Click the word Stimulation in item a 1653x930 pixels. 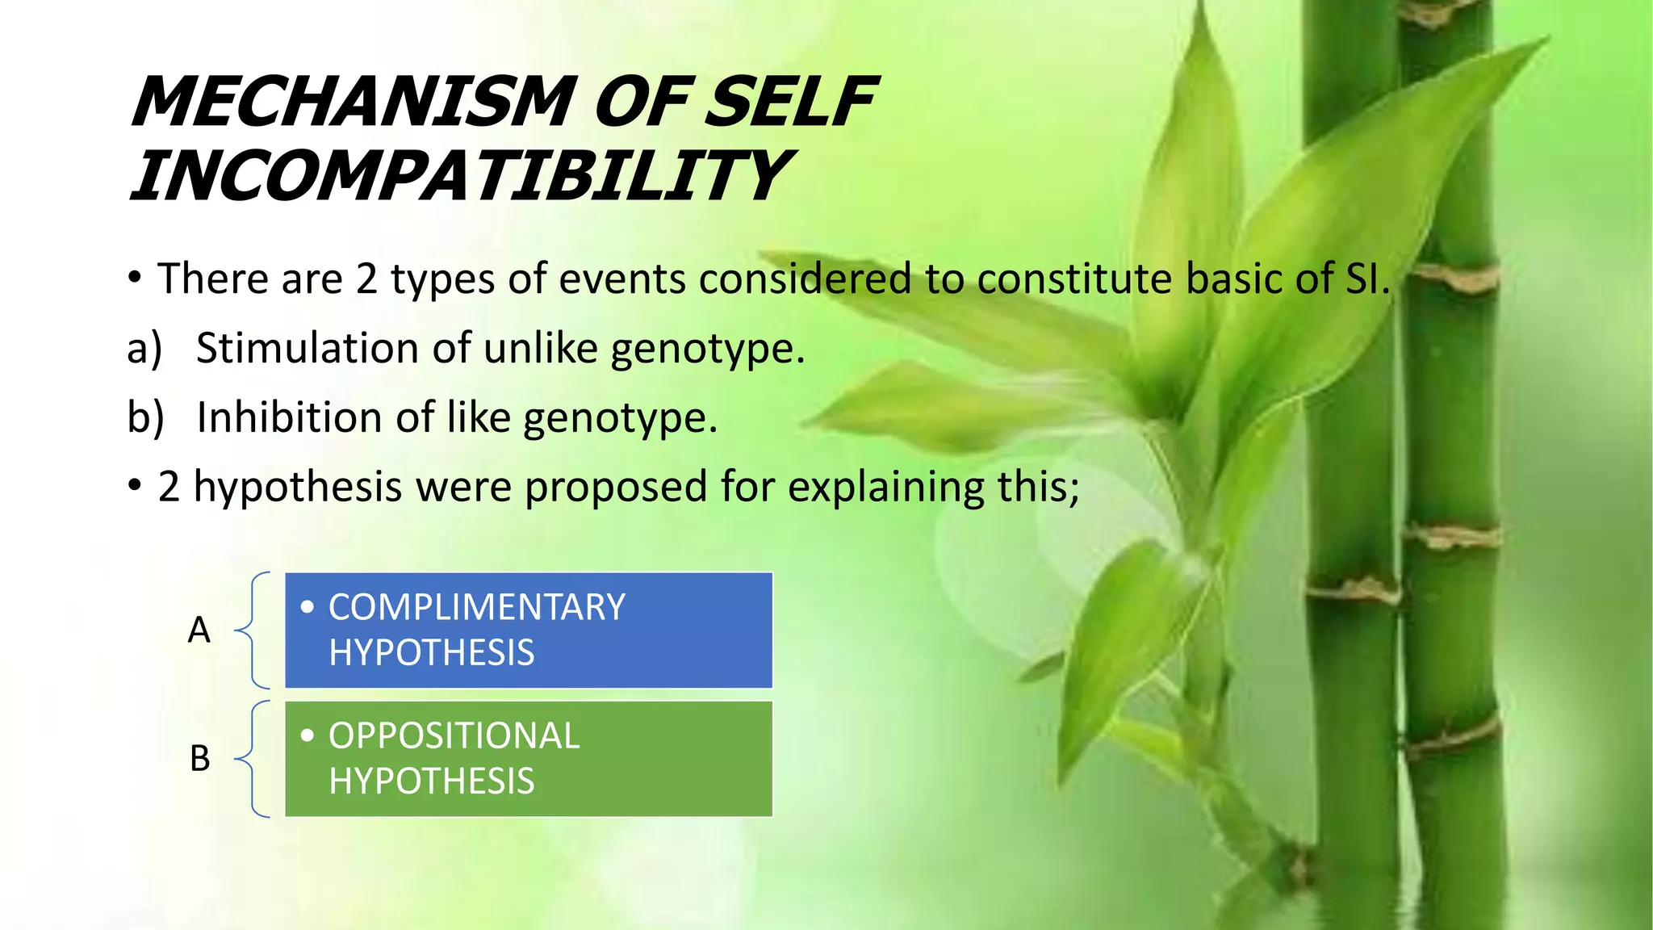coord(308,349)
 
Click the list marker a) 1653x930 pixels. coord(144,349)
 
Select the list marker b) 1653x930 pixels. coord(145,418)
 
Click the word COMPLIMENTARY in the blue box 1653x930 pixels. coord(476,607)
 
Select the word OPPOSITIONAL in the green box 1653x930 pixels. coord(454,735)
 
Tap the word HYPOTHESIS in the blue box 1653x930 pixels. coord(431,652)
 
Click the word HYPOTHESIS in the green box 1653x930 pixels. coord(431,781)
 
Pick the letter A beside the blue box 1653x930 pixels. coord(199,630)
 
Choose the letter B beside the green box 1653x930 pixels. coord(199,758)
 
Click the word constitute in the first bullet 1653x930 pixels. coord(1074,279)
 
